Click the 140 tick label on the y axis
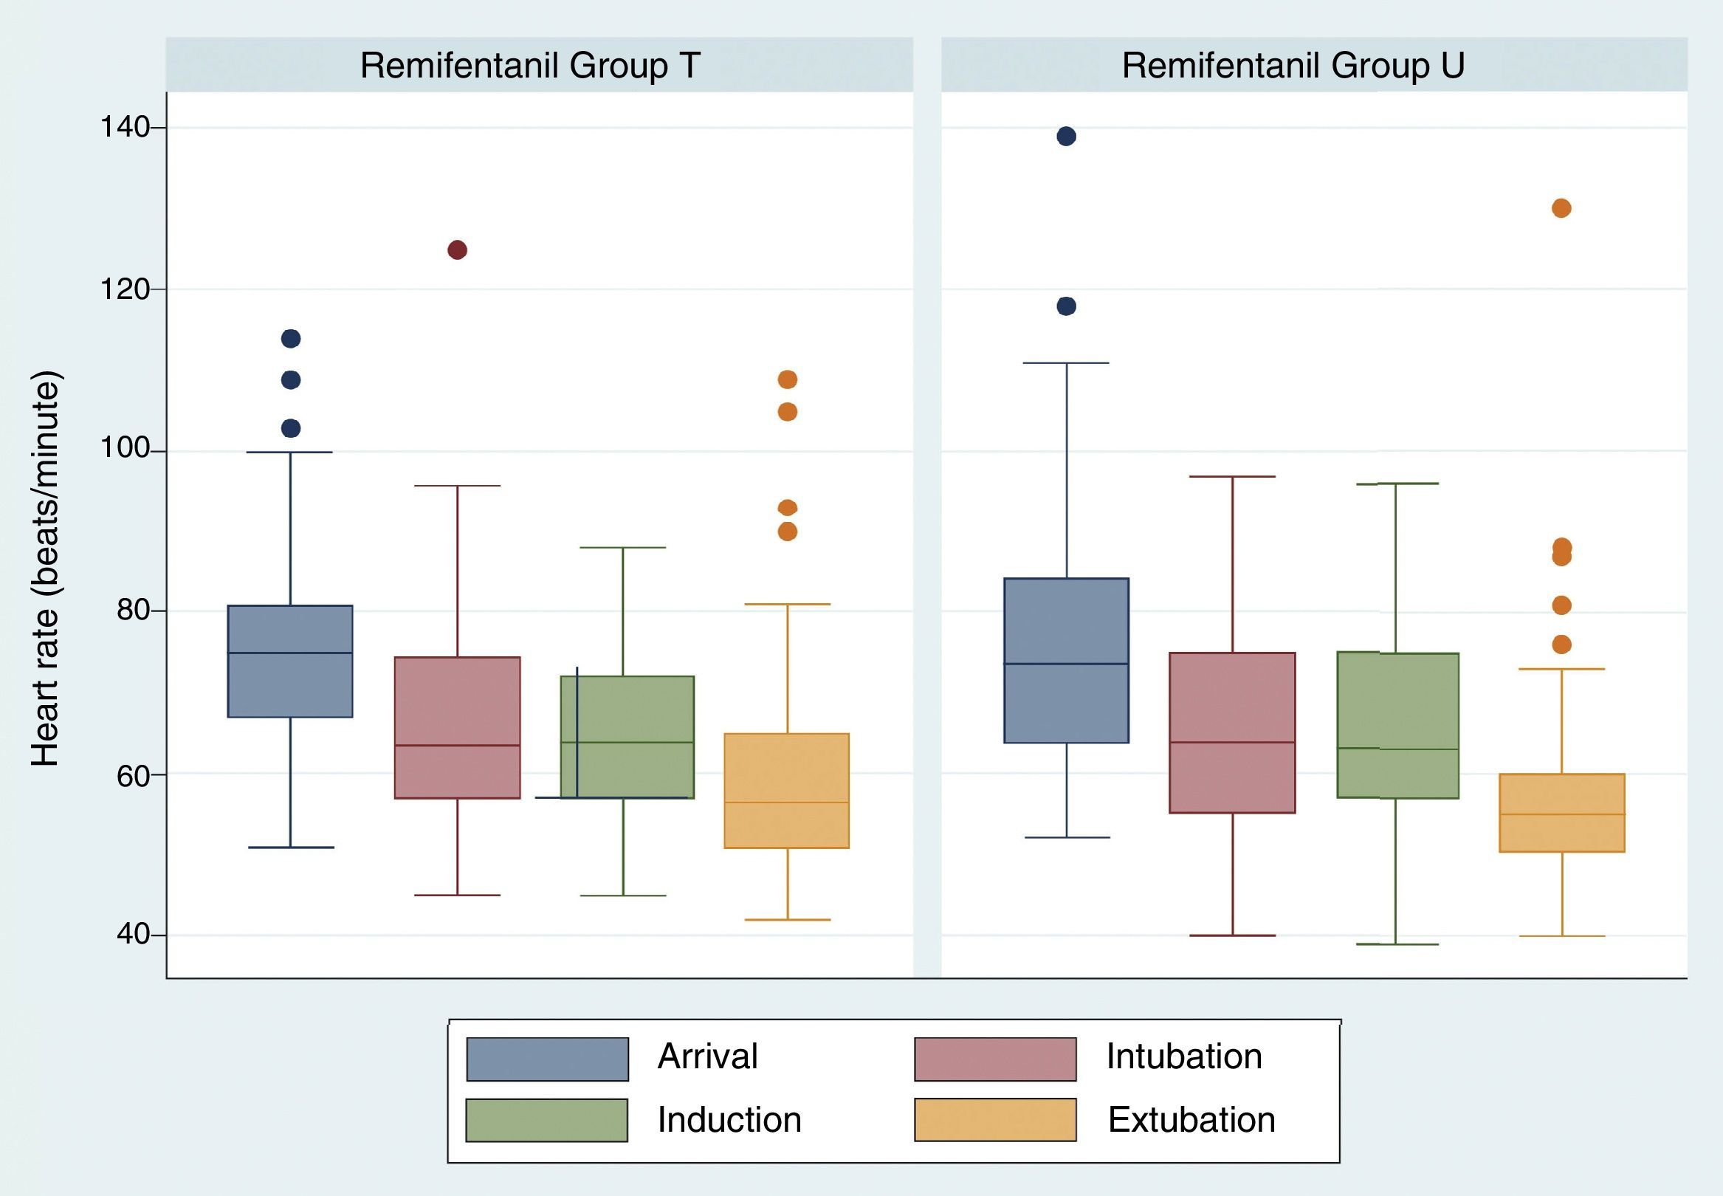[123, 128]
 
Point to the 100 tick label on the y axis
[123, 450]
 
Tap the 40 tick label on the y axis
[134, 935]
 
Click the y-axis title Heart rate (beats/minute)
[45, 568]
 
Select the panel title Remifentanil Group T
[529, 65]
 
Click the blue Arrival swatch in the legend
[547, 1059]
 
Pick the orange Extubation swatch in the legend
[995, 1119]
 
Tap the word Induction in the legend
[729, 1119]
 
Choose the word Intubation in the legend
[1183, 1056]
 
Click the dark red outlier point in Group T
[457, 250]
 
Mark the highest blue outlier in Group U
[1066, 137]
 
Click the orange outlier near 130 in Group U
[1561, 208]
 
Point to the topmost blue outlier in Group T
[291, 339]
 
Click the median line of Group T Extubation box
[787, 803]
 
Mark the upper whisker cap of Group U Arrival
[1066, 362]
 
